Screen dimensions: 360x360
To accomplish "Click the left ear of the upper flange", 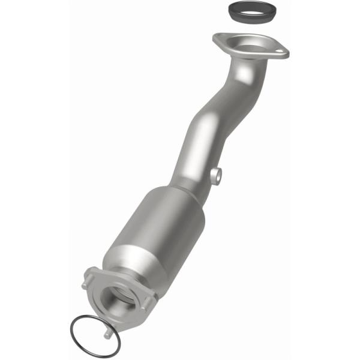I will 218,40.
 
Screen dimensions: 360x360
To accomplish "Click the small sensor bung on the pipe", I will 217,176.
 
